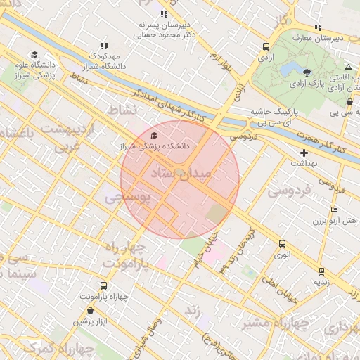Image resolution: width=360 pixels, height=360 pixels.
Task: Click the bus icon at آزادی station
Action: [266, 47]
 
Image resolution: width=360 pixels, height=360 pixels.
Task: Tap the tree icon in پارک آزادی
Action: [306, 72]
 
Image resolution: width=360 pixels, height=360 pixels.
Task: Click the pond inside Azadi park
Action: [288, 69]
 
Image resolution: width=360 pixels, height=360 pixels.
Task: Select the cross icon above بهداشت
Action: [304, 153]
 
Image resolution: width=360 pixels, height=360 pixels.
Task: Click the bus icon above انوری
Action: [282, 244]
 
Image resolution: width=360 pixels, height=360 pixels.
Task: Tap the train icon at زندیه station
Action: [321, 271]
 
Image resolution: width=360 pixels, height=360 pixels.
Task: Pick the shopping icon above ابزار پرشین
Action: [90, 310]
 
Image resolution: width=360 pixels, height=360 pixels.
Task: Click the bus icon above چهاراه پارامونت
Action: [104, 285]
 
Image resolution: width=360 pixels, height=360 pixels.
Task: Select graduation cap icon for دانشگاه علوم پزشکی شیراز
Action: [34, 55]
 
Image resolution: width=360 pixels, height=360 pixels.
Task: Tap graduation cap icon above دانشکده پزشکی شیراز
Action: [154, 135]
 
